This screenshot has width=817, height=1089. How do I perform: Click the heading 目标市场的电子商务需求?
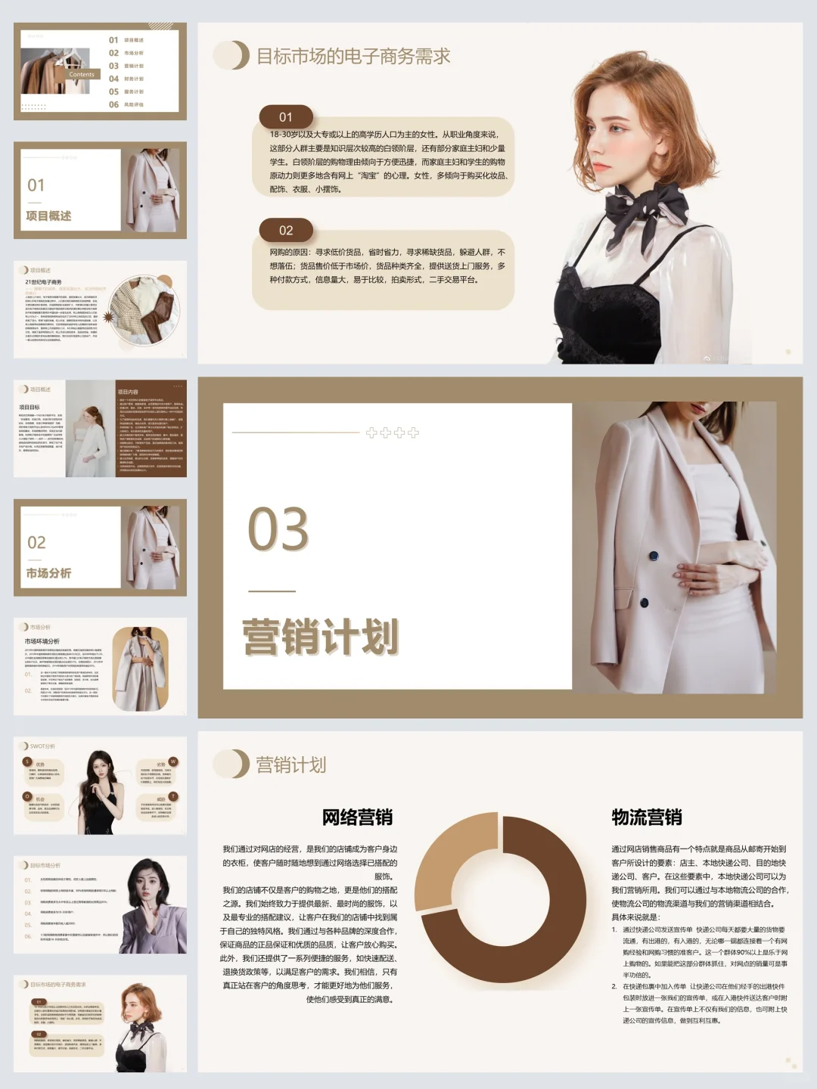pos(353,56)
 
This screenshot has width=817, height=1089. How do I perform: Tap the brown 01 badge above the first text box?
pos(285,117)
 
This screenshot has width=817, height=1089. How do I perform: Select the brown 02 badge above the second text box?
pos(285,231)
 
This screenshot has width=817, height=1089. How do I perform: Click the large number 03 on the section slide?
pos(278,529)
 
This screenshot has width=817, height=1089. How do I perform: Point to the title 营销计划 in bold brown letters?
pos(320,637)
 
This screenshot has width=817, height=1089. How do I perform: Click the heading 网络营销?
pos(357,818)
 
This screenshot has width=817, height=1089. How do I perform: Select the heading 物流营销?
pos(647,818)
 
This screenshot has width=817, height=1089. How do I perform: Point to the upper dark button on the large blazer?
pos(653,557)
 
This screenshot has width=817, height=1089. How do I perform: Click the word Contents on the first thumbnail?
pos(82,74)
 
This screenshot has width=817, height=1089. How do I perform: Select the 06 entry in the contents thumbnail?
pos(114,104)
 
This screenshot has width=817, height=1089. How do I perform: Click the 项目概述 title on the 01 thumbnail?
pos(48,216)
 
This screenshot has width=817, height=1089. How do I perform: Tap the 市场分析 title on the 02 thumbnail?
pos(48,573)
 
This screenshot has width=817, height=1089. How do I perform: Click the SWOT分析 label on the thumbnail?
pos(42,746)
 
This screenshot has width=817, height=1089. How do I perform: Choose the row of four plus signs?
pos(392,433)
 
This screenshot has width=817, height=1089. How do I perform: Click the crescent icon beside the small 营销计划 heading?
pos(233,765)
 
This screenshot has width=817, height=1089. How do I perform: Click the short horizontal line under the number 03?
pos(272,591)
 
